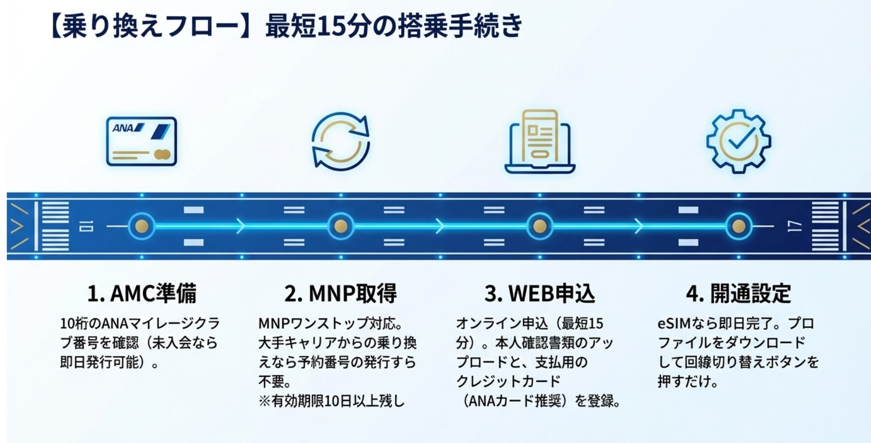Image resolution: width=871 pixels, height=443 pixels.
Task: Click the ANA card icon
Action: point(141,141)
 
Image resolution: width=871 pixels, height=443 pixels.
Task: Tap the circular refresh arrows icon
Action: point(341,141)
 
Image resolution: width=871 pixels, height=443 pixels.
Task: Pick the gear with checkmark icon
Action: point(738,141)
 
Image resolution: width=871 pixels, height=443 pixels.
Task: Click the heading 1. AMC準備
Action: point(142,294)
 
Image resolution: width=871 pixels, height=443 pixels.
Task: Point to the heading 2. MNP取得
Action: point(341,294)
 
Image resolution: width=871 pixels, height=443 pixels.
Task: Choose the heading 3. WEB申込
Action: point(540,294)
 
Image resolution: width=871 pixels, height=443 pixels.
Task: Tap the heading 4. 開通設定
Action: point(738,294)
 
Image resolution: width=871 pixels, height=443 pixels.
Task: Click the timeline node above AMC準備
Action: point(141,226)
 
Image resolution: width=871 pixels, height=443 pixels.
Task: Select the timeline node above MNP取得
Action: point(341,226)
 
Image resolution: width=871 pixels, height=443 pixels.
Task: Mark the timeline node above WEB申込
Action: point(540,226)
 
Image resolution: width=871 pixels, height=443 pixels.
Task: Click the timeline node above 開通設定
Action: point(738,226)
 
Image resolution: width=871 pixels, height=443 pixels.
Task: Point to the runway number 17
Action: point(795,226)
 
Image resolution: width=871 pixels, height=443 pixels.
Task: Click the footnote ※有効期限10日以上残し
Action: point(331,401)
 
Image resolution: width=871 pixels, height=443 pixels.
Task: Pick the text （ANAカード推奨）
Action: point(514,401)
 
